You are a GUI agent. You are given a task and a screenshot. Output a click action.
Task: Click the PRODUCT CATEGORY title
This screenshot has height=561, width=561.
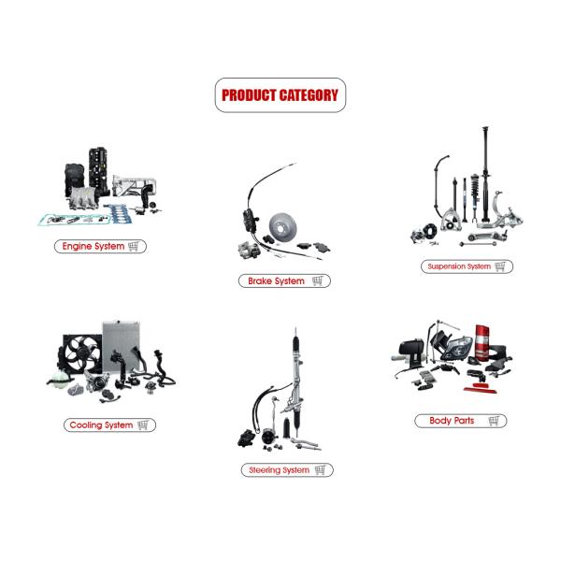click(x=280, y=95)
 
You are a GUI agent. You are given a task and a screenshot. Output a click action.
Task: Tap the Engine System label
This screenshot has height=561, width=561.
click(x=93, y=246)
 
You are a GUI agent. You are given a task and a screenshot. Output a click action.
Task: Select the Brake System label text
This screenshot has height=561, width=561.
click(x=276, y=280)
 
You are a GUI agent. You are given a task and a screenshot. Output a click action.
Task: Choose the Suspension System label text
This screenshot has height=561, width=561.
click(x=459, y=266)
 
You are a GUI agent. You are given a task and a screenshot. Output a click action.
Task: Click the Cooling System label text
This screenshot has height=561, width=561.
click(x=101, y=425)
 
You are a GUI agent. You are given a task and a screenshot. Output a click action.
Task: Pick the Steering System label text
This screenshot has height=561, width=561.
click(x=279, y=469)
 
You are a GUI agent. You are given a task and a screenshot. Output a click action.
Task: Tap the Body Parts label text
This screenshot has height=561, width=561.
click(x=452, y=421)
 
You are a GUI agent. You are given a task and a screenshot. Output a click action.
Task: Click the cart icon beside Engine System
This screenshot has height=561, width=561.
click(x=134, y=246)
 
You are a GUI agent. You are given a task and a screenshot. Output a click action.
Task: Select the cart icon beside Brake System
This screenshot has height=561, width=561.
click(x=317, y=280)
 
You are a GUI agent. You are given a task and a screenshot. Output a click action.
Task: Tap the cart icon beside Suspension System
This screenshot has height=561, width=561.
click(x=500, y=266)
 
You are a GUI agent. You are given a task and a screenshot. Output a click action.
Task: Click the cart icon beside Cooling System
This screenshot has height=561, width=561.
click(x=143, y=425)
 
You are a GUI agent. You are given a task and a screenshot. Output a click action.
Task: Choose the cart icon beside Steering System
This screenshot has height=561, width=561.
click(x=320, y=469)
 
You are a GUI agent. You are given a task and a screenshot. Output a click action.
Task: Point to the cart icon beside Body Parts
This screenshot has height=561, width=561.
click(x=494, y=421)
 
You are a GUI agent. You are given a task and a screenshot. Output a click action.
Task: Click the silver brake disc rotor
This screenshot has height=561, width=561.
click(x=283, y=227)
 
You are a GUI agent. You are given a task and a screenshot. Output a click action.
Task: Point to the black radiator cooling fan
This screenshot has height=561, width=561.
click(x=80, y=353)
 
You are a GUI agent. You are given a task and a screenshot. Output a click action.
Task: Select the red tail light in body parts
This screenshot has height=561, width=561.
click(x=482, y=341)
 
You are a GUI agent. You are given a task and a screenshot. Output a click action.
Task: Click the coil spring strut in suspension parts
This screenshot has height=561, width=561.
click(x=475, y=196)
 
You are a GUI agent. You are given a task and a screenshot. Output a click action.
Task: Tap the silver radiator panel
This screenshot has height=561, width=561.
click(x=121, y=345)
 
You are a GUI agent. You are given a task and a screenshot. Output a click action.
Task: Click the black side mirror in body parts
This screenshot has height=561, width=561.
click(x=411, y=352)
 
